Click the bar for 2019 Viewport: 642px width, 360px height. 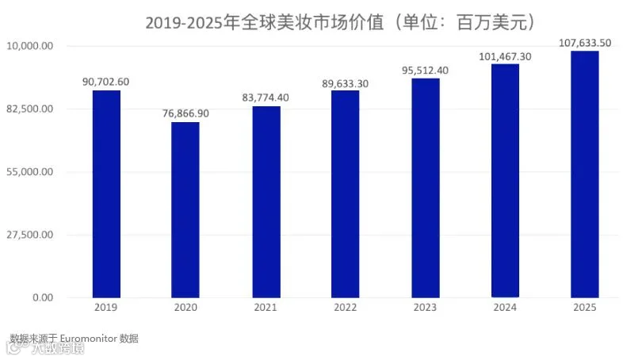(106, 193)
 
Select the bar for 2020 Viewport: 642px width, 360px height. (185, 209)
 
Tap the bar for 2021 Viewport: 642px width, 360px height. (266, 201)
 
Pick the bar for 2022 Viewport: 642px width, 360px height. (345, 193)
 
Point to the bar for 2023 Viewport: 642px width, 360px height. (426, 187)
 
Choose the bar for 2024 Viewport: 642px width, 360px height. (505, 180)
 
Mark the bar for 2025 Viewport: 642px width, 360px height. (585, 174)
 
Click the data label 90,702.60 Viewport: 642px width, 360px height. (105, 81)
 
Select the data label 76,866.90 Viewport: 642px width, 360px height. (185, 113)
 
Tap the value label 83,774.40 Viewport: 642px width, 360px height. (266, 98)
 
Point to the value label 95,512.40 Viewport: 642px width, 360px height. (425, 70)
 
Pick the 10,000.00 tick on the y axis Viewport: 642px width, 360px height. (30, 46)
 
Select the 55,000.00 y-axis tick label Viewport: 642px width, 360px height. (30, 171)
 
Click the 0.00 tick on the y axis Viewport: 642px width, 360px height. (41, 297)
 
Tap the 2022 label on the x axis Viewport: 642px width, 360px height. (345, 308)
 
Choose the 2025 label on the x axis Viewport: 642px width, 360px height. (584, 308)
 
